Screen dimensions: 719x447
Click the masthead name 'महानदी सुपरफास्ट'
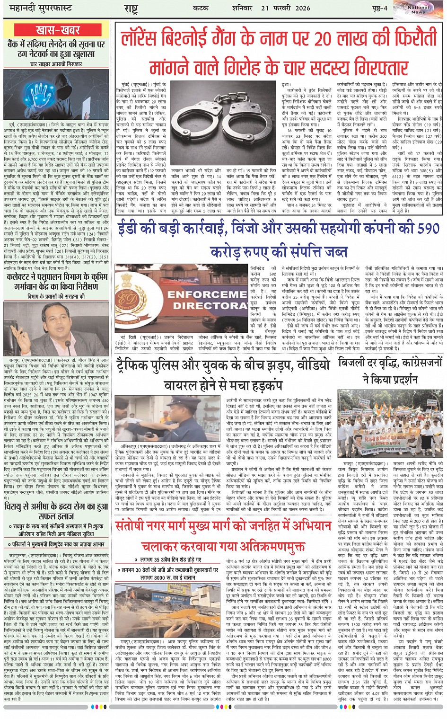pyautogui.click(x=37, y=8)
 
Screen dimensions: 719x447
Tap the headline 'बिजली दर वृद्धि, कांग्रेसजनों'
pyautogui.click(x=390, y=364)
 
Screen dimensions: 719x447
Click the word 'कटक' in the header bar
pyautogui.click(x=201, y=8)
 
